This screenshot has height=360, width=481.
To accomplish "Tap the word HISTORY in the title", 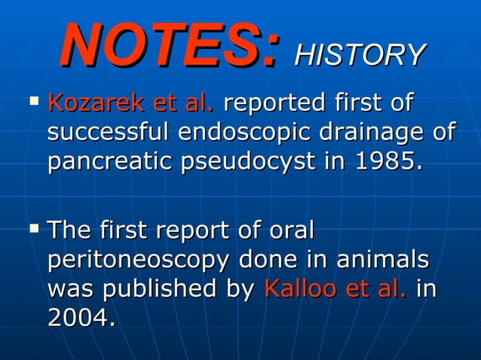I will pyautogui.click(x=360, y=54).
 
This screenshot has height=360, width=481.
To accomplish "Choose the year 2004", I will pyautogui.click(x=81, y=319).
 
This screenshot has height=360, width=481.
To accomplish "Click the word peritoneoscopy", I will pyautogui.click(x=138, y=260).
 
